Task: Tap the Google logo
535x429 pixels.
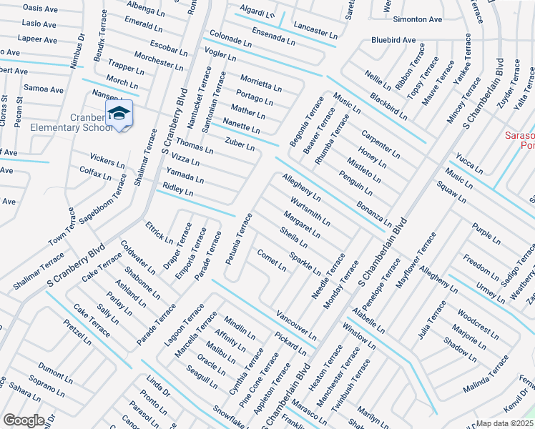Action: tap(23, 420)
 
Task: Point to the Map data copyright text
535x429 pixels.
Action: tap(506, 423)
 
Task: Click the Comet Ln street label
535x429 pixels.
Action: tap(272, 261)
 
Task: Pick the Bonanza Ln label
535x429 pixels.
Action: tap(375, 214)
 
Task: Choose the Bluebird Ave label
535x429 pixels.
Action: tap(393, 40)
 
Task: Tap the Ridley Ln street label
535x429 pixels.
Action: tap(178, 190)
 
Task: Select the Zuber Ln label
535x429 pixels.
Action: tap(240, 144)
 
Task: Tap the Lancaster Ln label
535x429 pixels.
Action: tap(315, 29)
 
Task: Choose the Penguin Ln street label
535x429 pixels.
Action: tap(355, 183)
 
